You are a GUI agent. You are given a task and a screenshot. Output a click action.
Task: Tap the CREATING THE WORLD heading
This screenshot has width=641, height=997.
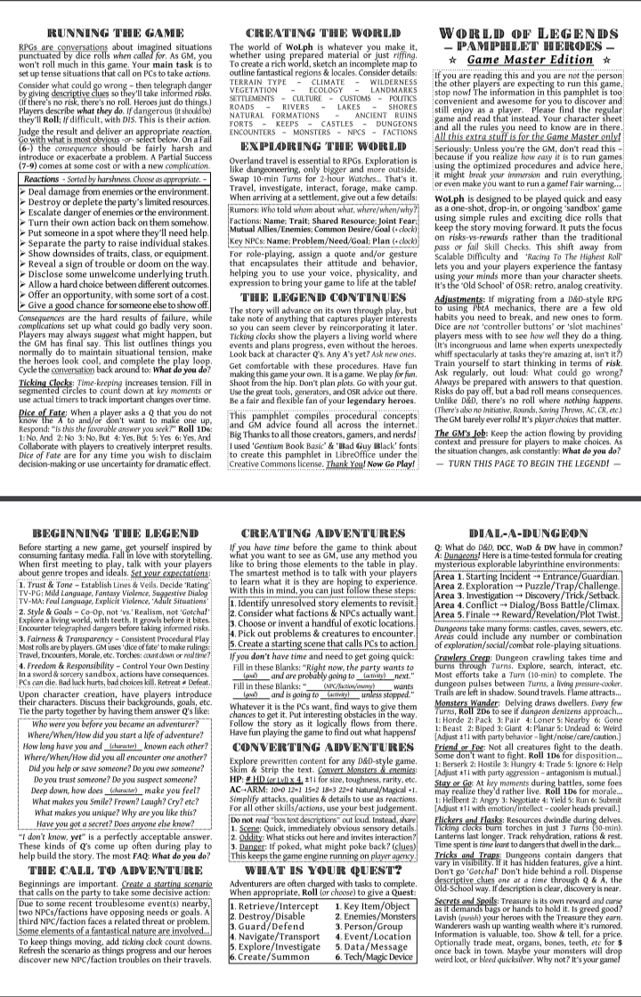[x=318, y=33]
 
